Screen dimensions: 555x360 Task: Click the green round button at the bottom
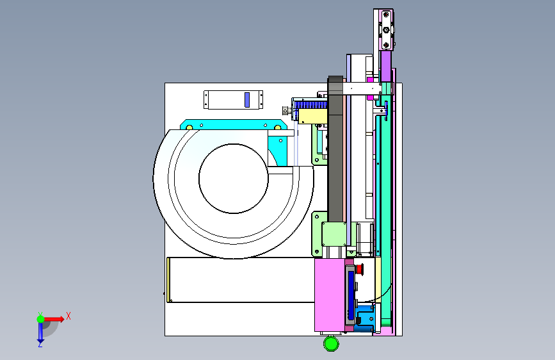click(x=332, y=343)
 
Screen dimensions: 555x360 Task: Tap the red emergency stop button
click(x=360, y=269)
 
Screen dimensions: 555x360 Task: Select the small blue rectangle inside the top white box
click(x=247, y=100)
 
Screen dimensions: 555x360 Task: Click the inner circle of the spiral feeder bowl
click(x=233, y=179)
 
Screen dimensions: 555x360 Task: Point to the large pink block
click(x=330, y=295)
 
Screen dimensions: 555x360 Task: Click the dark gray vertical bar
click(x=335, y=149)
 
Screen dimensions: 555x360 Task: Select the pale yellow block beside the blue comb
click(x=313, y=116)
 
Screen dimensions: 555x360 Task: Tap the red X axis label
click(x=68, y=316)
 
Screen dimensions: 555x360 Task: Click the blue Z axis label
click(x=40, y=344)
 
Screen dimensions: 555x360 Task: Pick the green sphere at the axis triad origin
click(x=41, y=319)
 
